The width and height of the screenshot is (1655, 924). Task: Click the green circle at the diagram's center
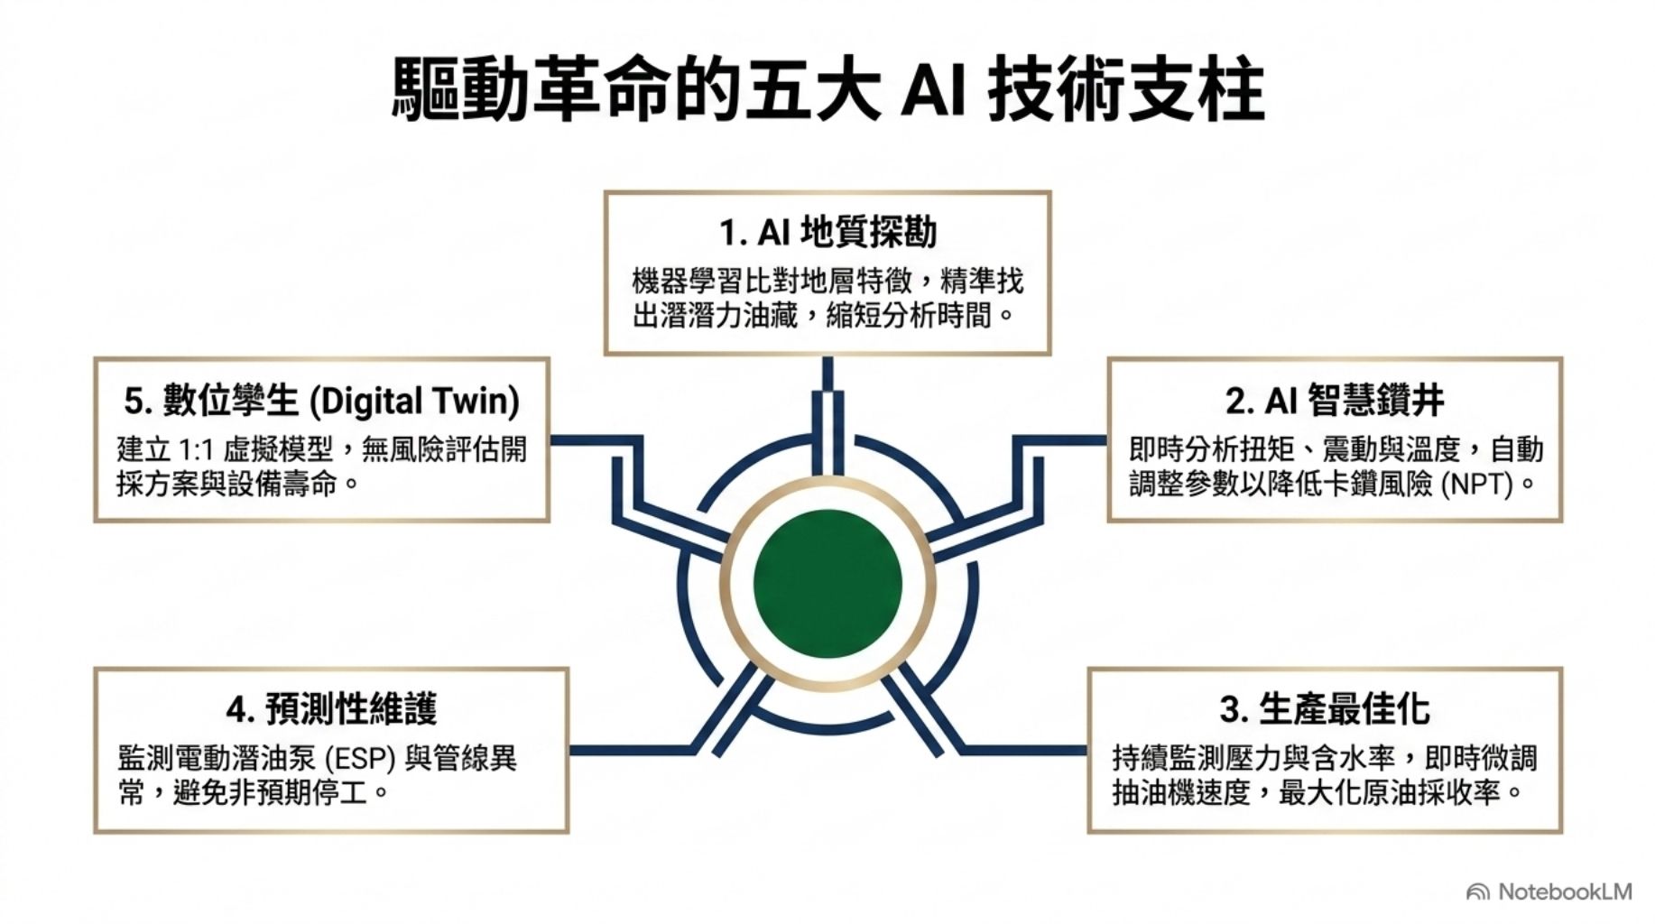coord(827,583)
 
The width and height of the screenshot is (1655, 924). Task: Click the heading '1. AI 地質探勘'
coord(827,233)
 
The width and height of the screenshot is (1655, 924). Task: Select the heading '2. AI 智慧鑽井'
coord(1335,401)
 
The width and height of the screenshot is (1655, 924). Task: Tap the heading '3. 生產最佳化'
coord(1325,709)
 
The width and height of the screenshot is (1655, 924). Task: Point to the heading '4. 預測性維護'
coord(331,709)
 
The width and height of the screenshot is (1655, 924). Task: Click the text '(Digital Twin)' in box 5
coord(414,402)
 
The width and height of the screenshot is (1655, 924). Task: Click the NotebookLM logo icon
coord(1478,892)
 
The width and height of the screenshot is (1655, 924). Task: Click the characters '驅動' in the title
coord(460,90)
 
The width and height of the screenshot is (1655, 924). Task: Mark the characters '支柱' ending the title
coord(1197,90)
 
